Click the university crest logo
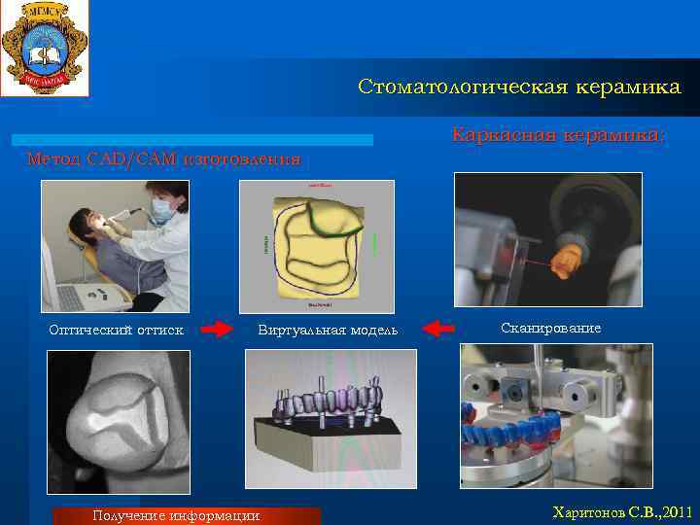44,48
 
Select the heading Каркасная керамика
559,135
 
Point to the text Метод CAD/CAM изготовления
164,157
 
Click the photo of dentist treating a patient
115,245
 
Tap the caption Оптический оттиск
117,330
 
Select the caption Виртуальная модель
328,331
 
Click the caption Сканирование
550,329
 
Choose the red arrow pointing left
440,330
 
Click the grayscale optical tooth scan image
119,422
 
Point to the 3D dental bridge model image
331,418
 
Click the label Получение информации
175,515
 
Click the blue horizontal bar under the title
194,140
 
